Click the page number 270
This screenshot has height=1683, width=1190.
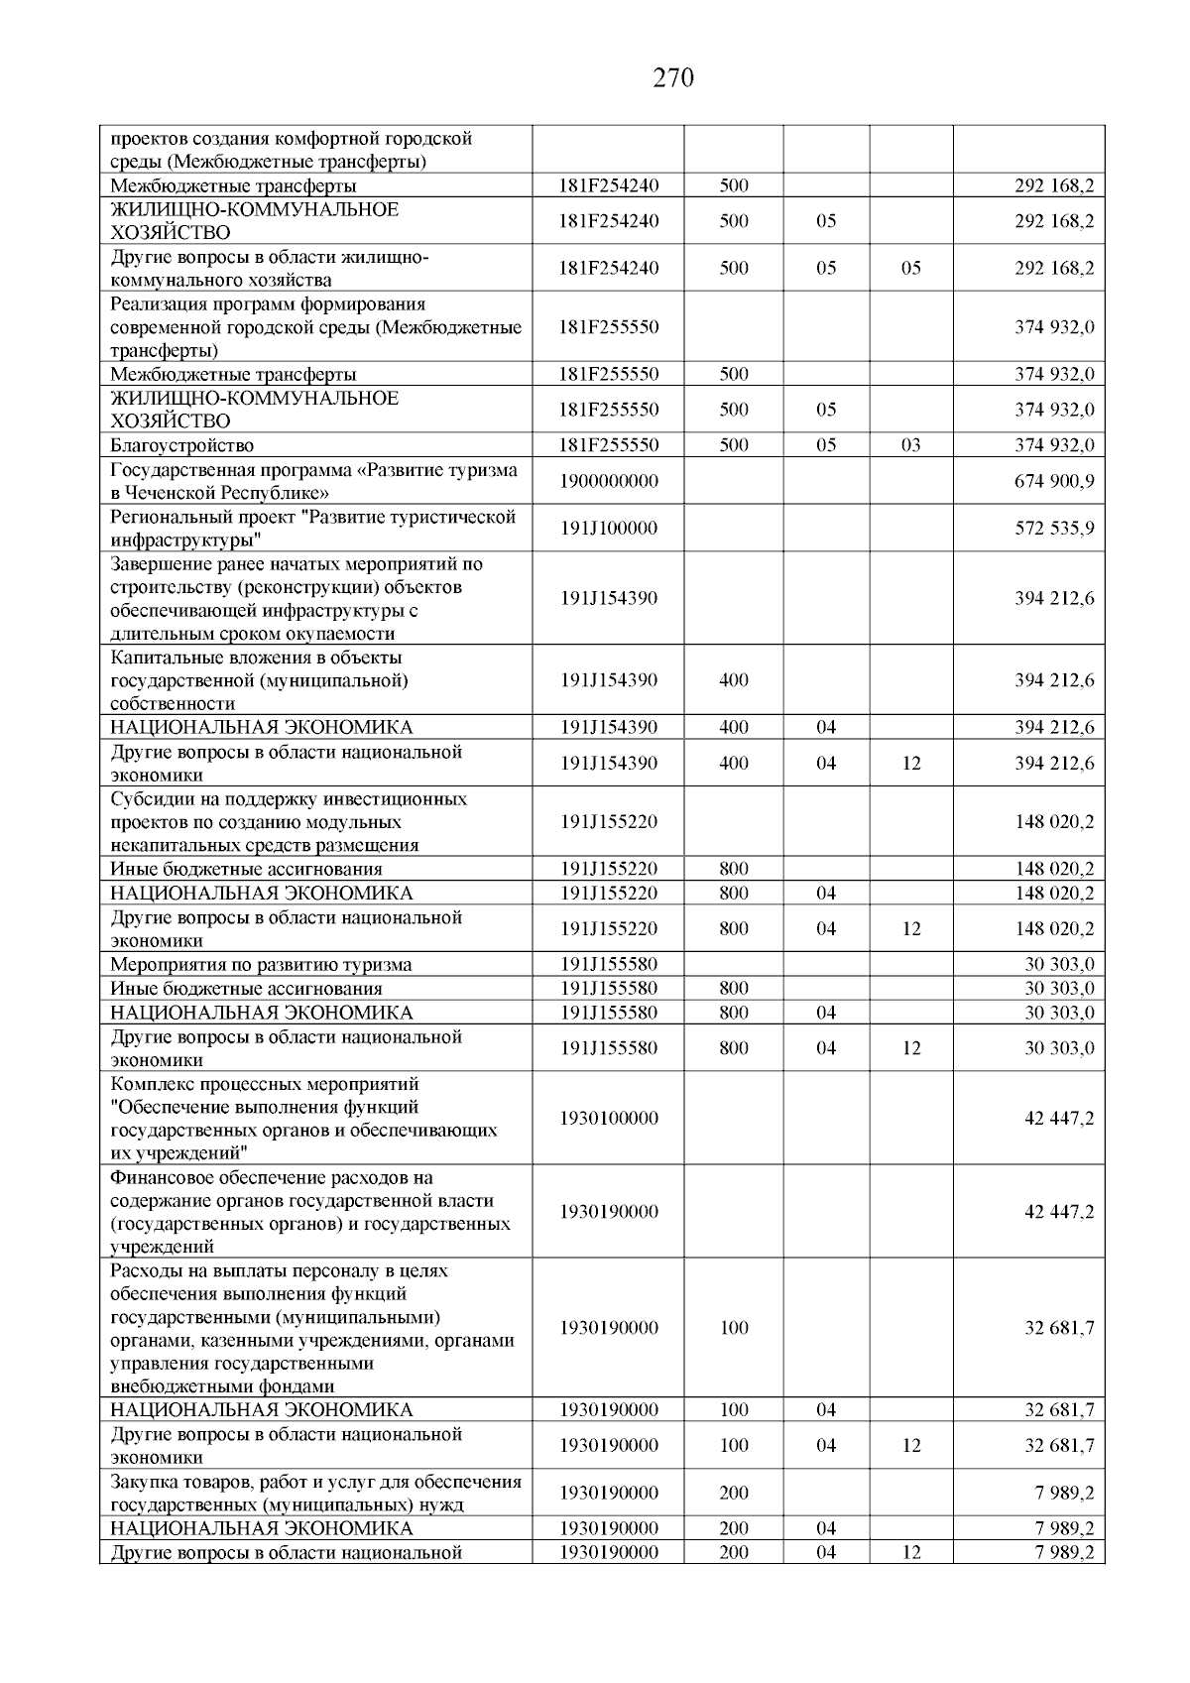(x=673, y=78)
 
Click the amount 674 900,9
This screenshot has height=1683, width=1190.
(x=1054, y=481)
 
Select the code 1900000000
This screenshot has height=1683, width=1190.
(x=608, y=481)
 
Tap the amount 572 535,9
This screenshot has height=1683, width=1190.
(x=1054, y=529)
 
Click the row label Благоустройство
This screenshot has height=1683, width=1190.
(x=181, y=445)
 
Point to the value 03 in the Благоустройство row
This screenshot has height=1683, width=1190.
(x=910, y=445)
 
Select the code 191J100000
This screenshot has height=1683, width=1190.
(x=608, y=529)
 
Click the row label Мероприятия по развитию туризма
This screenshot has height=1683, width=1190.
(x=261, y=965)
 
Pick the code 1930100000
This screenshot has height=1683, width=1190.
(x=608, y=1119)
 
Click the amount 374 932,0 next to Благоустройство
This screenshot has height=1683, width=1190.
(x=1054, y=445)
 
